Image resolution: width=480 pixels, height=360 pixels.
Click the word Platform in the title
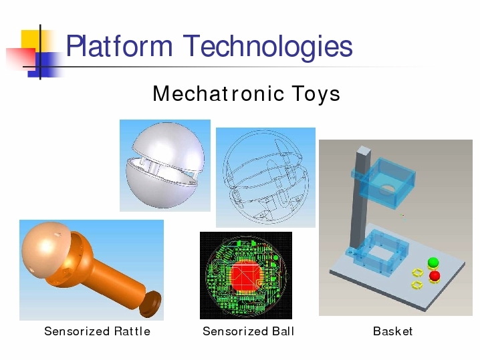(x=119, y=46)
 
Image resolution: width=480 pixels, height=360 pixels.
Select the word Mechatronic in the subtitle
(x=218, y=94)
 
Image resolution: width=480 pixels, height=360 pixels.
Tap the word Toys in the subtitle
(x=316, y=94)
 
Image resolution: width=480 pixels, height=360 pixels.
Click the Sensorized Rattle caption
(x=98, y=331)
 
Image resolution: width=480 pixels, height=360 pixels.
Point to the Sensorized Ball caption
(x=248, y=331)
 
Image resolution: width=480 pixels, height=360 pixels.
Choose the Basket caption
(x=392, y=331)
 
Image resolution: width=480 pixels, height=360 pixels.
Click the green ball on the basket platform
(x=433, y=262)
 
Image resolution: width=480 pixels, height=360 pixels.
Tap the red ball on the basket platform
(x=435, y=276)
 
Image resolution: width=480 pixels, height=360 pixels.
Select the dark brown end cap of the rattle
(x=150, y=304)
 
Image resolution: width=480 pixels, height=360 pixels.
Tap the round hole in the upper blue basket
(x=387, y=189)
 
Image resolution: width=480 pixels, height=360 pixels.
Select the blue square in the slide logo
(x=46, y=65)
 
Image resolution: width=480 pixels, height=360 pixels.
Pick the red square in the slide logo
(x=21, y=59)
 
